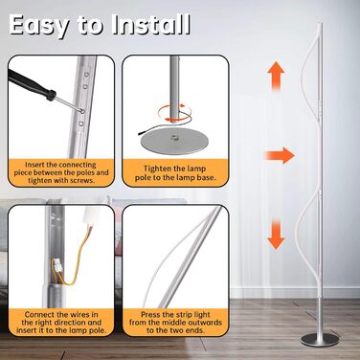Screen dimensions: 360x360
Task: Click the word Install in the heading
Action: pyautogui.click(x=151, y=24)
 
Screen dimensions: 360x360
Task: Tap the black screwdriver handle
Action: pyautogui.click(x=32, y=85)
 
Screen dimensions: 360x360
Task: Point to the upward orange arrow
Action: pyautogui.click(x=276, y=77)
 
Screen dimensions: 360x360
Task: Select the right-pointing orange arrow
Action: pyautogui.click(x=280, y=155)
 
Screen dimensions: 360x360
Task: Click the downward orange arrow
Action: pyautogui.click(x=276, y=235)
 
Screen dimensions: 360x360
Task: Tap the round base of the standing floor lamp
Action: pyautogui.click(x=320, y=340)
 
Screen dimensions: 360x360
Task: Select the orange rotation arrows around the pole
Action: pyautogui.click(x=174, y=112)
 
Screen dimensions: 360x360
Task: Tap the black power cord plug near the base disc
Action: pyautogui.click(x=142, y=132)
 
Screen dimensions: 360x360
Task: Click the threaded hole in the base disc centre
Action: pyautogui.click(x=174, y=139)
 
